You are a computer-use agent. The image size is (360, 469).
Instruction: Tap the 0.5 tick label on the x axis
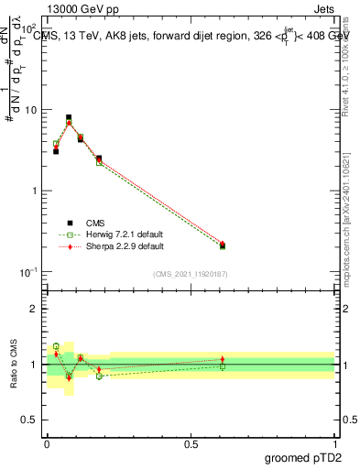click(191, 443)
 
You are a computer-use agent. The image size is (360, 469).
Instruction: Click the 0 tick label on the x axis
click(47, 443)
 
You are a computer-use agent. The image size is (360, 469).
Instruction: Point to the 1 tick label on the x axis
click(335, 443)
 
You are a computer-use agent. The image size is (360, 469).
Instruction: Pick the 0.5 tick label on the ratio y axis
click(29, 420)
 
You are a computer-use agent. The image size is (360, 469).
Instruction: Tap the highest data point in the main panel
click(69, 118)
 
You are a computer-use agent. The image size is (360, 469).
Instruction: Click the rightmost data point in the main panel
click(223, 245)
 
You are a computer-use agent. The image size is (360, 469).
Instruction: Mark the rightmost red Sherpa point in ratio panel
click(223, 359)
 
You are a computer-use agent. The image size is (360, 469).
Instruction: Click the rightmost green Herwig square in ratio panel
click(223, 366)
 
